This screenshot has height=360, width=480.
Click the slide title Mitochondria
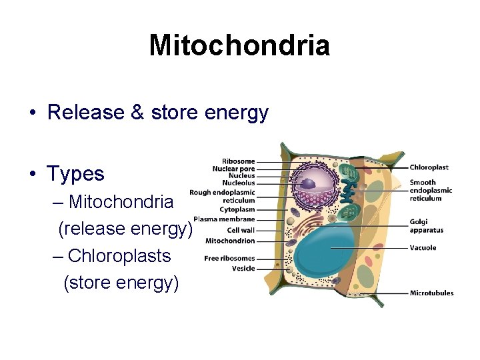[239, 45]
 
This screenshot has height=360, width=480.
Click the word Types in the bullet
[75, 174]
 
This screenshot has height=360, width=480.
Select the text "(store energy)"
[121, 283]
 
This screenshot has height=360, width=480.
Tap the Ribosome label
[239, 161]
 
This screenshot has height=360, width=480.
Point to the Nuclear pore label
[234, 169]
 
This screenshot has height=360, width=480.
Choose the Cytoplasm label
[238, 209]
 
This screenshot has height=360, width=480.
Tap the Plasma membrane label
[224, 219]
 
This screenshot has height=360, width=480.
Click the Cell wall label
[241, 230]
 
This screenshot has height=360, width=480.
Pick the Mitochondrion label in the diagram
[230, 241]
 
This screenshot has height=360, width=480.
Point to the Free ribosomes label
[229, 258]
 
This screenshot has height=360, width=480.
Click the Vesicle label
[243, 268]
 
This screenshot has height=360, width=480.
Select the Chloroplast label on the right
[429, 167]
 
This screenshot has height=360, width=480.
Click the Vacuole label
[423, 247]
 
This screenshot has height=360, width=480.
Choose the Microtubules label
[431, 292]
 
